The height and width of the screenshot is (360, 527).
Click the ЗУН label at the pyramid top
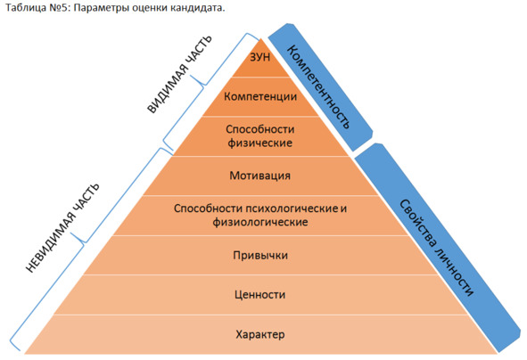[x=259, y=57]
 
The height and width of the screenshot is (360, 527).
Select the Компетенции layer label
[x=260, y=97]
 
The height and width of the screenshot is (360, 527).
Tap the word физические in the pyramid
[x=260, y=143]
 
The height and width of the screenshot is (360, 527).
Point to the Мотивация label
[x=259, y=176]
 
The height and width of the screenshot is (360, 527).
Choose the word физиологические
[x=260, y=222]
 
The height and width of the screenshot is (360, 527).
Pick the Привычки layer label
[x=260, y=255]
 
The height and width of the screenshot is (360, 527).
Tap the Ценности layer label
[x=260, y=295]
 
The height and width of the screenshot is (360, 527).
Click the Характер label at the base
[x=260, y=334]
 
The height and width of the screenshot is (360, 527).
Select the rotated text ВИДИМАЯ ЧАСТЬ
[x=179, y=74]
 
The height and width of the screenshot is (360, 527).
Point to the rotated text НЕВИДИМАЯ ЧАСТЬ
[x=62, y=228]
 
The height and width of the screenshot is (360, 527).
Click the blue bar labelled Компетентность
[x=320, y=87]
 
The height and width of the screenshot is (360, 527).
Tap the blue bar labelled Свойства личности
[x=438, y=248]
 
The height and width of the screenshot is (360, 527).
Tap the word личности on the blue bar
[x=455, y=268]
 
